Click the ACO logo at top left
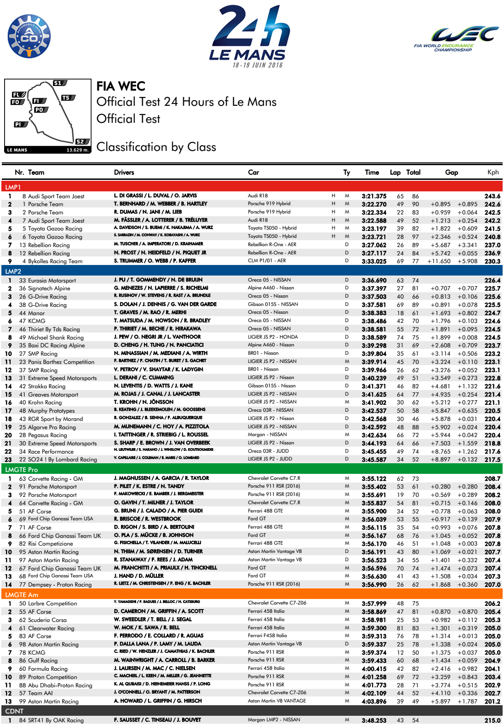[29, 36]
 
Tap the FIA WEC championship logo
[456, 39]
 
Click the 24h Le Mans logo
[248, 36]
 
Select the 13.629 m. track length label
[77, 150]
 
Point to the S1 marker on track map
[59, 83]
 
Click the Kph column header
[493, 173]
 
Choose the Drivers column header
[124, 173]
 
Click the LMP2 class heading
[13, 271]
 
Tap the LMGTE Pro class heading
[22, 470]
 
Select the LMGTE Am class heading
[22, 595]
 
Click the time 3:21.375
[374, 196]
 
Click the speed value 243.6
[492, 196]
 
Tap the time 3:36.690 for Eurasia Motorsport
[374, 280]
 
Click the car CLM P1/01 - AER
[267, 261]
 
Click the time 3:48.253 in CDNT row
[374, 720]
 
